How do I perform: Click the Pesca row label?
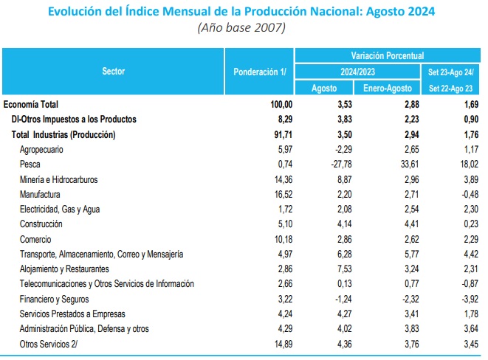point(32,165)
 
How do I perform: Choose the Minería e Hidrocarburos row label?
point(69,179)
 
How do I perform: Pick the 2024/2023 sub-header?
point(357,72)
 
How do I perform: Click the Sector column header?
point(113,72)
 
